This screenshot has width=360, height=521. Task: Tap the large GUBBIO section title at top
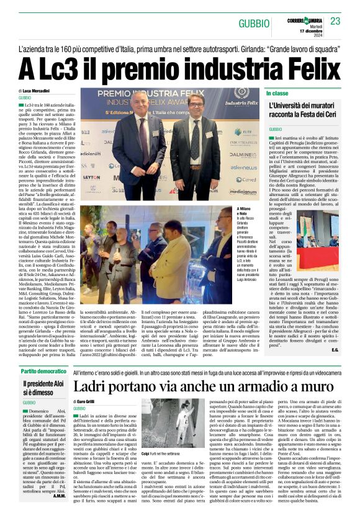pos(254,24)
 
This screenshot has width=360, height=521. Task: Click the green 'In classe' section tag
pos(277,93)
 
